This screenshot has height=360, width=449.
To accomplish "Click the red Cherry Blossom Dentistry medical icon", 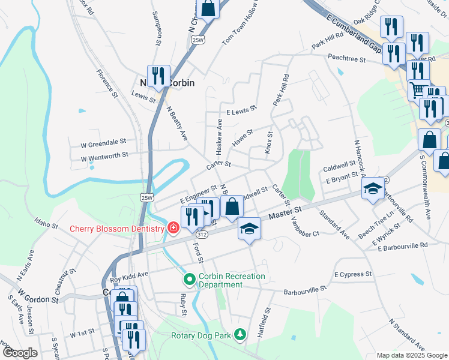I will [x=173, y=228].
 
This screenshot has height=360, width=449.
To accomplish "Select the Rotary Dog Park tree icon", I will [x=240, y=334].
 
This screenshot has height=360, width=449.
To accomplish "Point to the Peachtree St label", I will [x=346, y=58].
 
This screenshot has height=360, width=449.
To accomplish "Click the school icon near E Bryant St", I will [x=372, y=190].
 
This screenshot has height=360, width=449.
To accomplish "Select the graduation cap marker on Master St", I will [x=249, y=229].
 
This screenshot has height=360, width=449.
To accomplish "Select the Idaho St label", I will [x=46, y=226].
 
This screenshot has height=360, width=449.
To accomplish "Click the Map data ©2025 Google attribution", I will [x=411, y=355].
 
